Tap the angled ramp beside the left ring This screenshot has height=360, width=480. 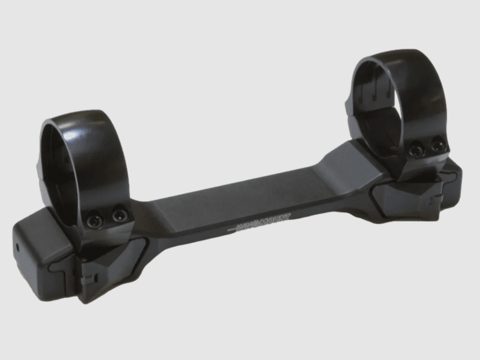(149, 209)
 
